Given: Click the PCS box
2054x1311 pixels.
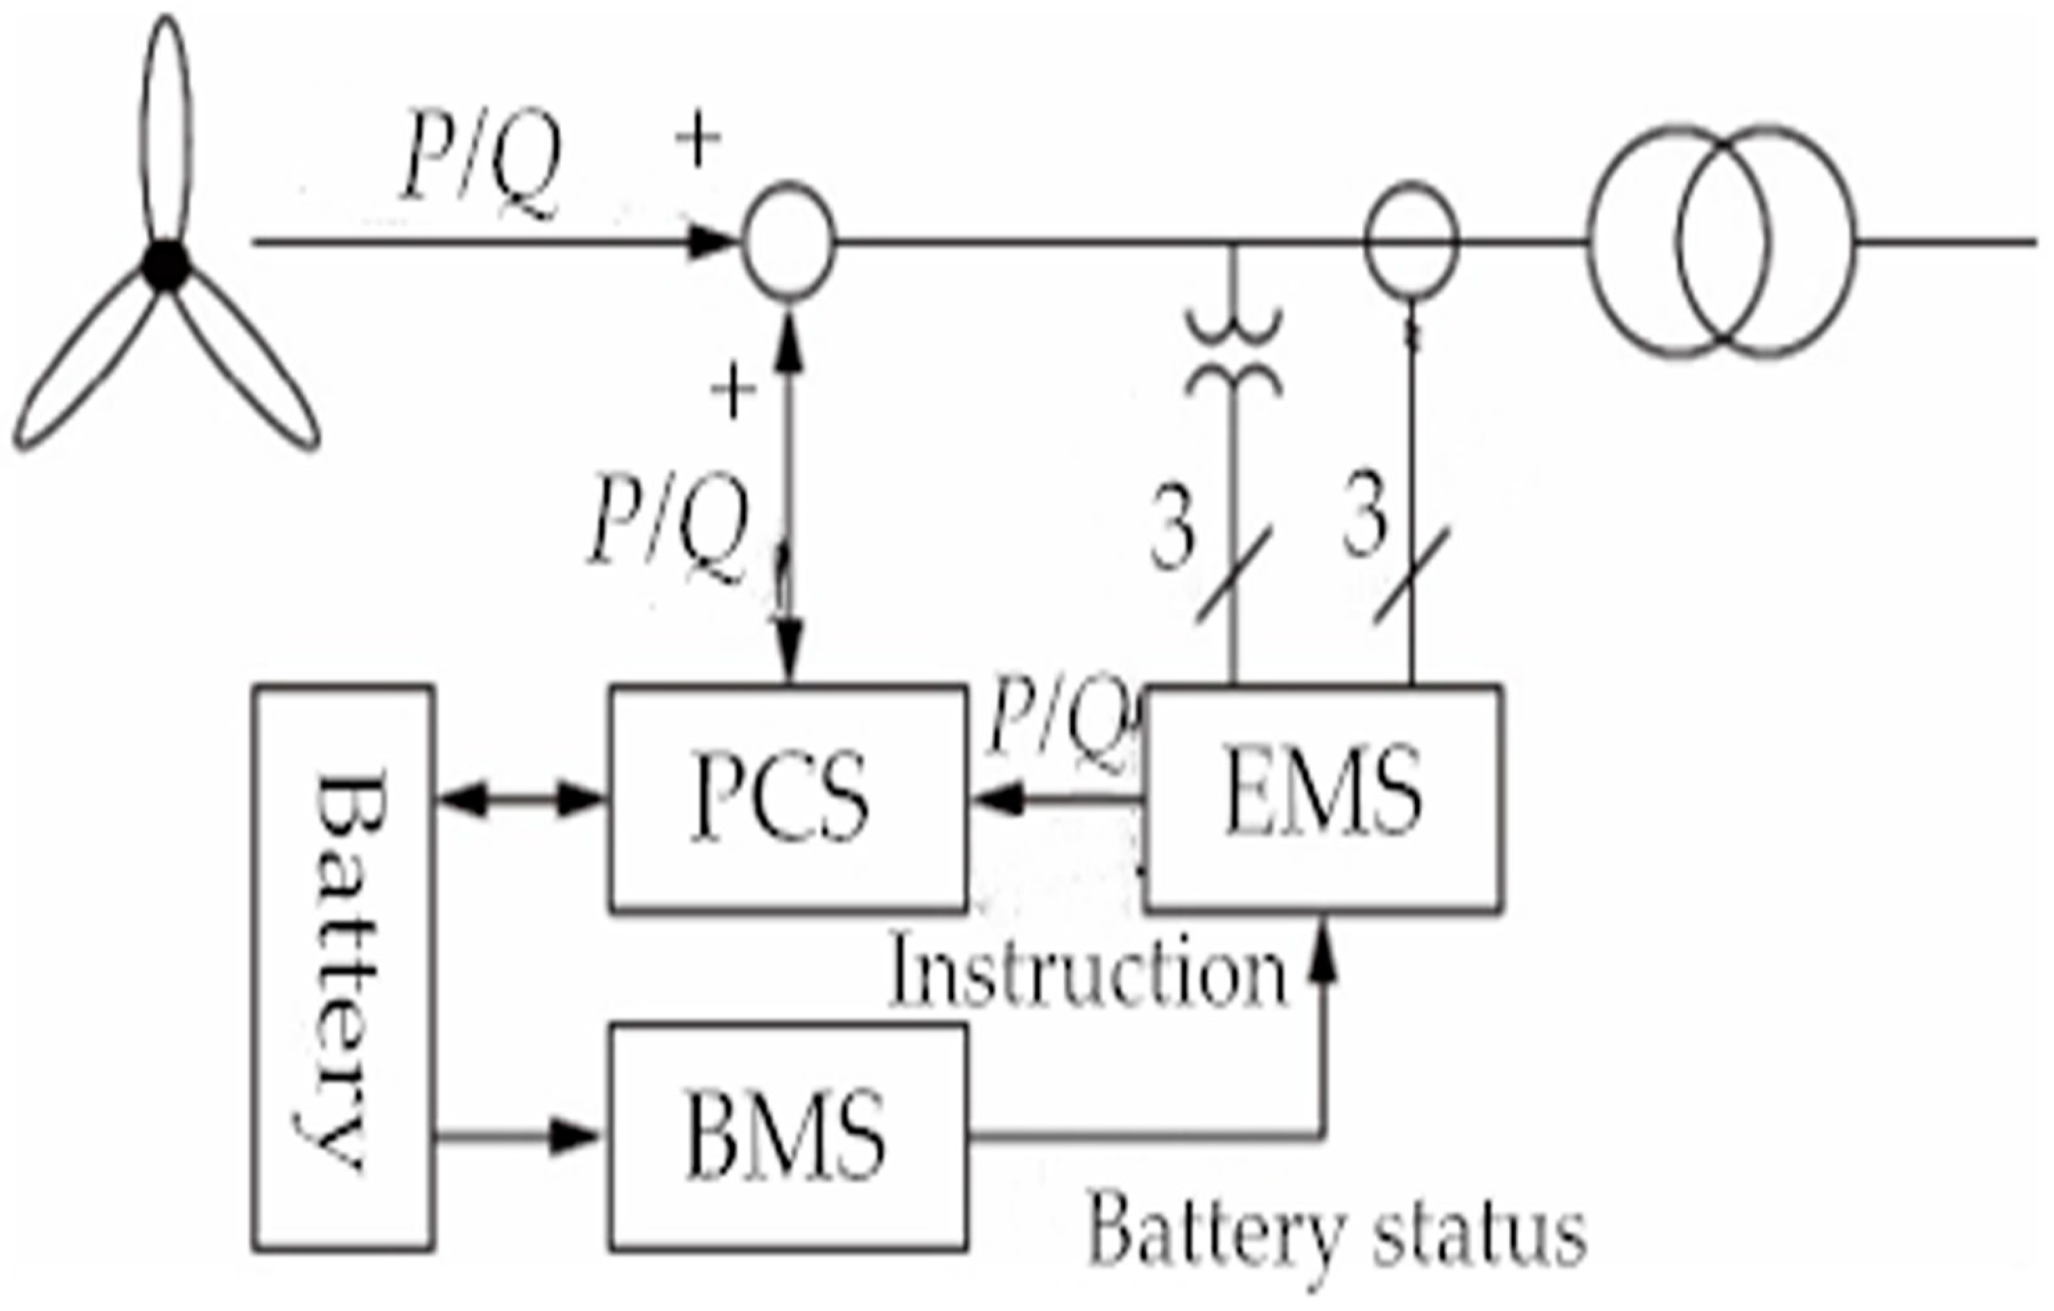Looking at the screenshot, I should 787,799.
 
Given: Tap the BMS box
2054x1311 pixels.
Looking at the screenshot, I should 787,1137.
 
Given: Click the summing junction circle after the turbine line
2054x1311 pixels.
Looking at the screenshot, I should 788,242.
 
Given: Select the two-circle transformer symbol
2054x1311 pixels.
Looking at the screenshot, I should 1721,242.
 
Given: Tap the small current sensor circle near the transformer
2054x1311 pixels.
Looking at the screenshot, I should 1411,242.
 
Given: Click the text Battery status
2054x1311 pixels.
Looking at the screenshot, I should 1335,1234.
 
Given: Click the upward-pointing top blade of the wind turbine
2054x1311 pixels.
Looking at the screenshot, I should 166,128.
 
